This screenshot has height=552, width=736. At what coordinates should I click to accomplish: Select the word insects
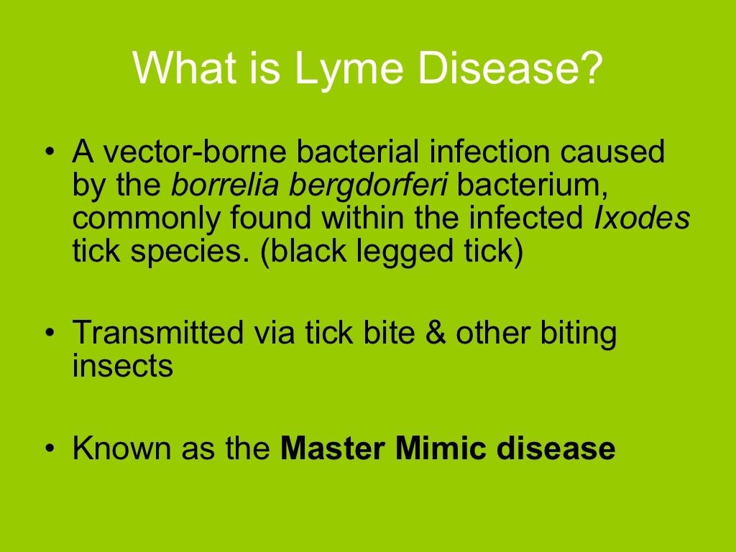123,366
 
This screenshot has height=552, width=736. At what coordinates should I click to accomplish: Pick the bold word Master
333,448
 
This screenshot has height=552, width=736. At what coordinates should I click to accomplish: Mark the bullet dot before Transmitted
49,334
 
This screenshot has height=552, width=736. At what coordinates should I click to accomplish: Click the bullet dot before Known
49,448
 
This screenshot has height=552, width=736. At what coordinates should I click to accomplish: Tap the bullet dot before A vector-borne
49,154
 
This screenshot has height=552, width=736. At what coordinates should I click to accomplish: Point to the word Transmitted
157,333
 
